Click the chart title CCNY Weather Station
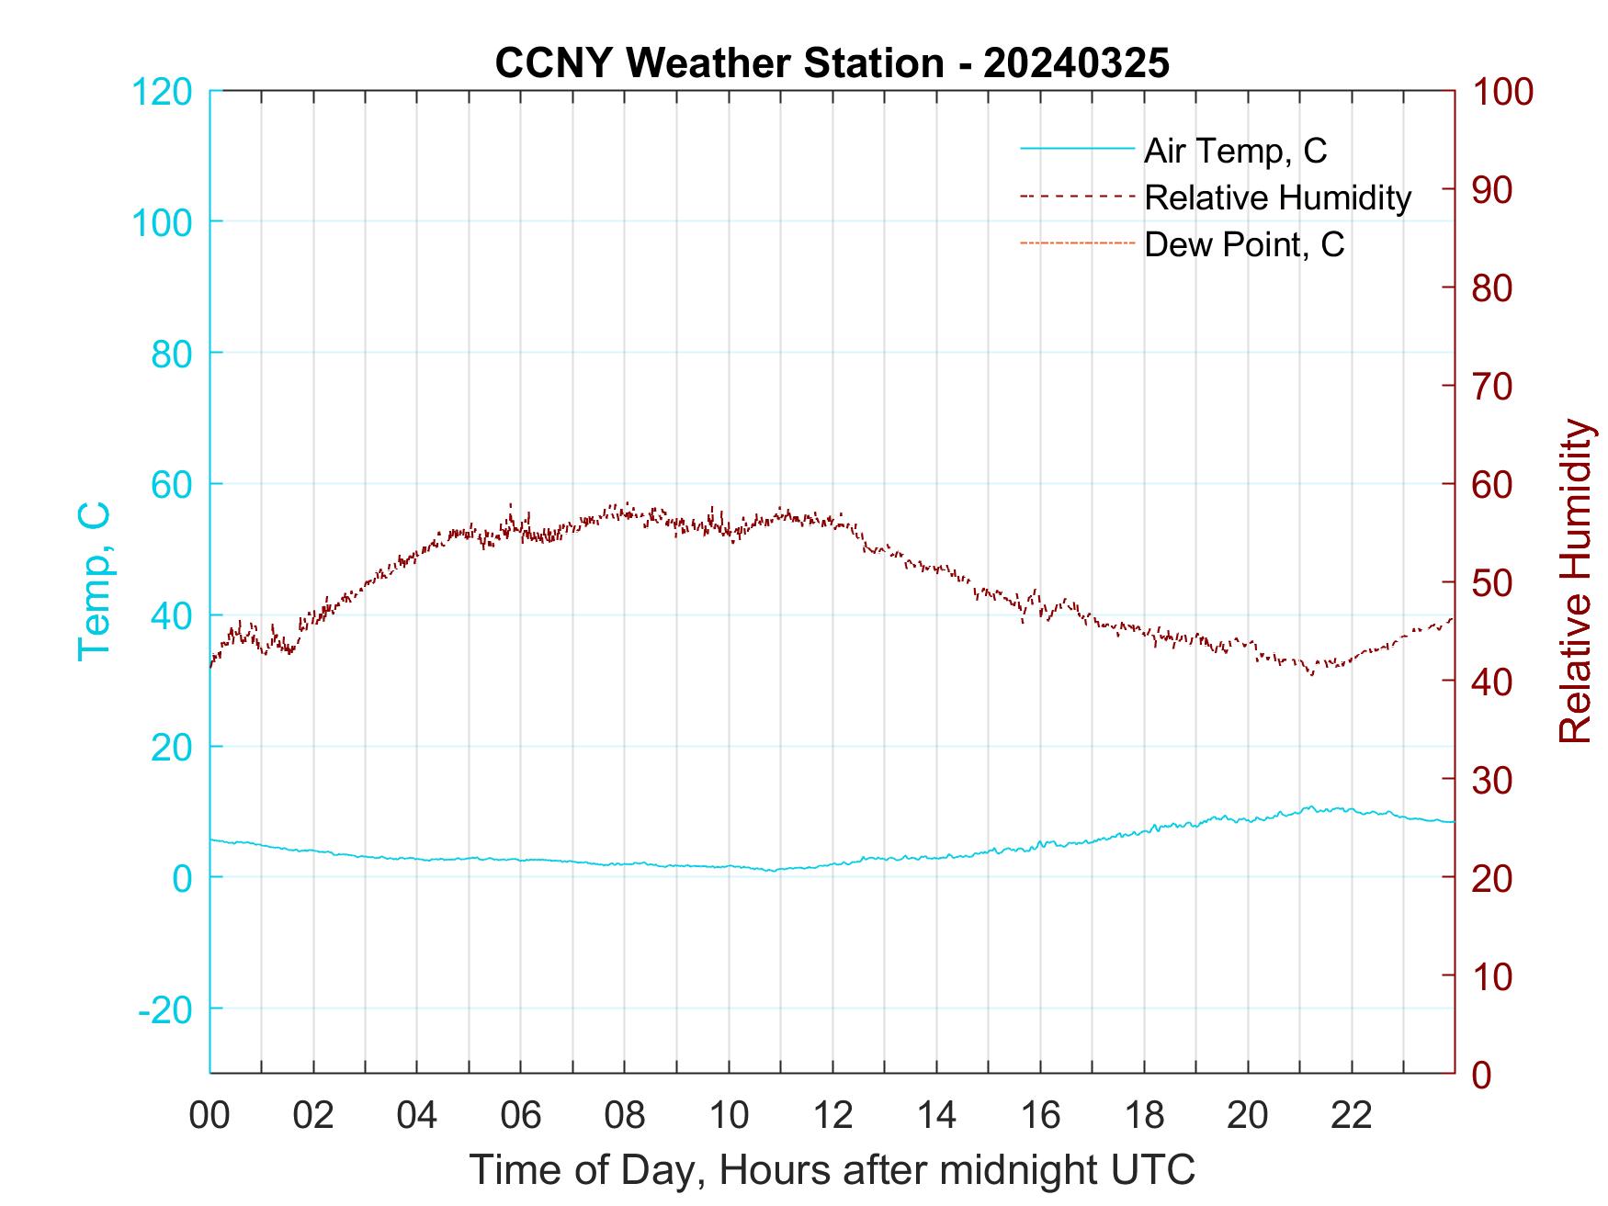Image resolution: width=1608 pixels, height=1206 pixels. coord(832,62)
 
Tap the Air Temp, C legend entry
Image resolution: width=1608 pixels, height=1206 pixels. coord(1234,151)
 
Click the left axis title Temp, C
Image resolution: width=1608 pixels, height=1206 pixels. coord(94,581)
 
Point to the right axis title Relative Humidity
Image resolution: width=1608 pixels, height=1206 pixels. coord(1575,581)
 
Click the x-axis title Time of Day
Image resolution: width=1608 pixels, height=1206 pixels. coord(832,1170)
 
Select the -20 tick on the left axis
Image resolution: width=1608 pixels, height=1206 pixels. coord(165,1009)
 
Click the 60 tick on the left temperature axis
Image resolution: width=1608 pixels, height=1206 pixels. coord(171,484)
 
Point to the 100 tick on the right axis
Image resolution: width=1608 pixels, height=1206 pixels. coord(1502,92)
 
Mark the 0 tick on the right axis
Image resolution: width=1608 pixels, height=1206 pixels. coord(1481,1073)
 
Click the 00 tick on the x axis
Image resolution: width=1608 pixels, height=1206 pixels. coord(209,1115)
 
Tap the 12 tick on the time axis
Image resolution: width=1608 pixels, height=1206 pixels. coord(832,1115)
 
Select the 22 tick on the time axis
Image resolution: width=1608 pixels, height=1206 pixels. coord(1352,1115)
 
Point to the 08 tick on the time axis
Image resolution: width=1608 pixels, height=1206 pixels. coord(625,1115)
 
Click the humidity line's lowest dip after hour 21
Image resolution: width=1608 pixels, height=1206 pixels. coord(1311,674)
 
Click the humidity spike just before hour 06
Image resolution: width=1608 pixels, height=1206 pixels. coord(511,504)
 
